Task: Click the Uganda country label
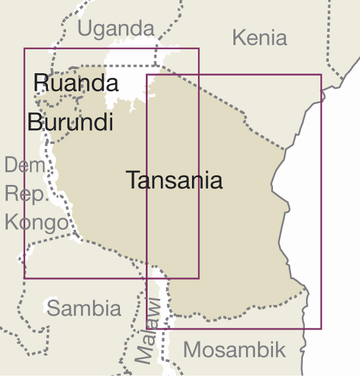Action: (116, 28)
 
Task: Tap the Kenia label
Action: (259, 38)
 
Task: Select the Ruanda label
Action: (76, 82)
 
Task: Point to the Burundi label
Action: (70, 122)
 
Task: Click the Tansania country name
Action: (174, 180)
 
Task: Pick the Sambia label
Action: (84, 309)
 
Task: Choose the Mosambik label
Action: (235, 349)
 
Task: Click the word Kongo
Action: (37, 223)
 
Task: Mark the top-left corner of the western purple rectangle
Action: (25, 48)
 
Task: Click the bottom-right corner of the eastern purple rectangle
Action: (321, 328)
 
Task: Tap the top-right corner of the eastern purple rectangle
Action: (321, 74)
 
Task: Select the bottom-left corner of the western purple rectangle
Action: (25, 278)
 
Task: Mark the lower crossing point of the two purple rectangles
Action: (147, 278)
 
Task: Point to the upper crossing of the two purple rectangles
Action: (199, 74)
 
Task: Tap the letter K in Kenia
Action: (238, 38)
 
